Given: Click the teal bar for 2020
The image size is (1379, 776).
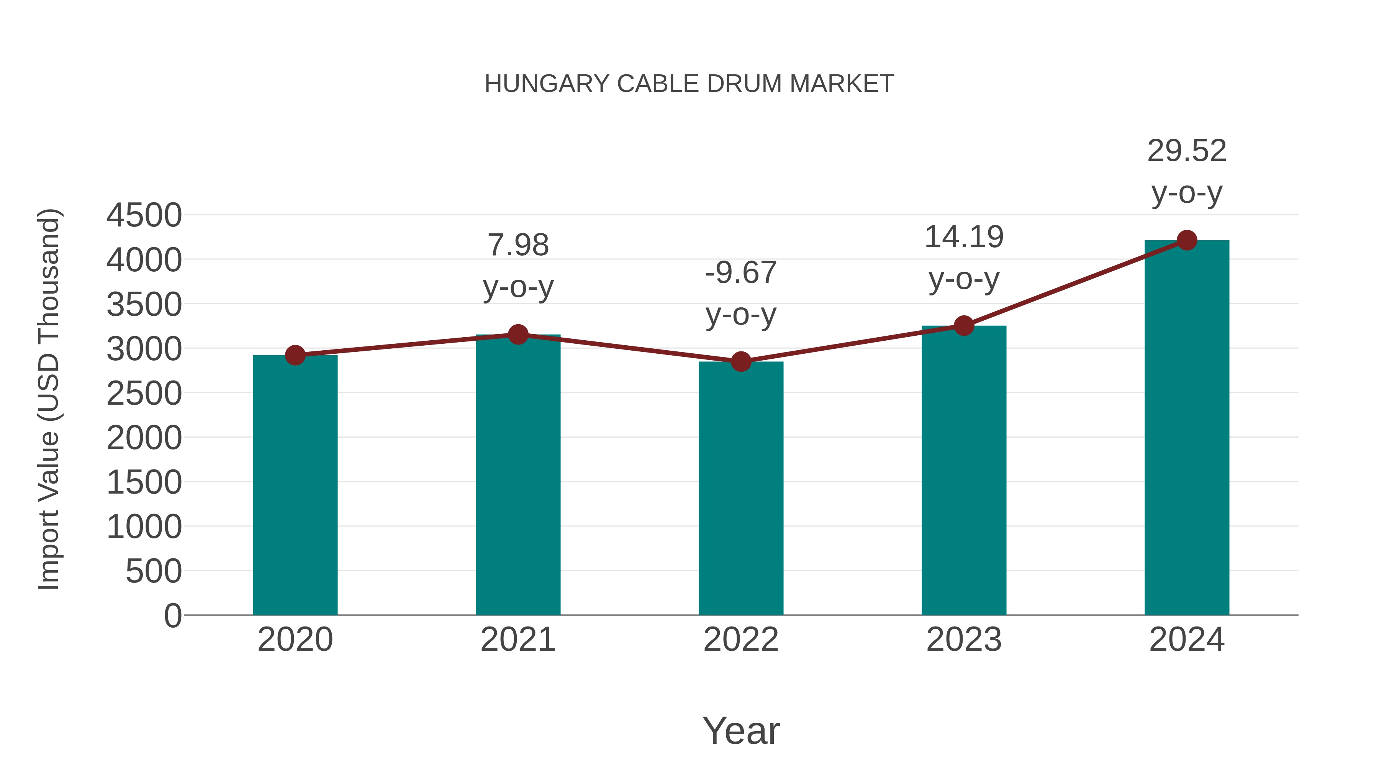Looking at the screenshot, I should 295,485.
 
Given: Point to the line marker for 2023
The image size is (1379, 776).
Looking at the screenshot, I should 964,326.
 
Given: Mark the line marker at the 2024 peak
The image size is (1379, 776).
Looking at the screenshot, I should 1187,240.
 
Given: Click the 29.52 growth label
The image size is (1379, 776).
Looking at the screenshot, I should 1187,151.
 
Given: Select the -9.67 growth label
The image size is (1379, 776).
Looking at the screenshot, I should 741,273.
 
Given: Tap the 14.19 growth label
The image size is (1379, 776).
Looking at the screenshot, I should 964,237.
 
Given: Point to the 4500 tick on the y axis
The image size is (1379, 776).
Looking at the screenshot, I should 144,215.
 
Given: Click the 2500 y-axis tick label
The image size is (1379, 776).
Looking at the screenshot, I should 144,394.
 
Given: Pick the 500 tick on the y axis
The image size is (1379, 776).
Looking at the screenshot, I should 154,571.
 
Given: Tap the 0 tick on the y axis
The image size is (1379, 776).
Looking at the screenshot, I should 173,616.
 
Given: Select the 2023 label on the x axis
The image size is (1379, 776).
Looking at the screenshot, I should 964,640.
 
